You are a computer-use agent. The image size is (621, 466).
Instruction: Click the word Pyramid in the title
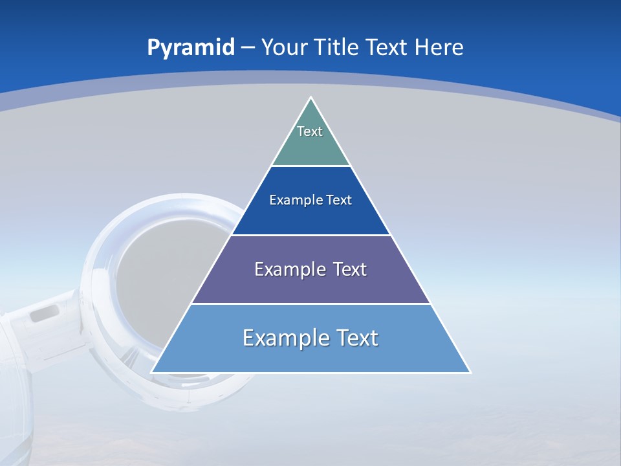coord(190,48)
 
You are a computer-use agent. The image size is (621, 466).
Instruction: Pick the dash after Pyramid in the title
coord(247,48)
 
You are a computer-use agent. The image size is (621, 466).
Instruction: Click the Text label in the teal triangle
coord(310,131)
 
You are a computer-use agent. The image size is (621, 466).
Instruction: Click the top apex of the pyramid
coord(311,98)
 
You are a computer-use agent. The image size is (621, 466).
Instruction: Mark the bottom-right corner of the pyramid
coord(470,372)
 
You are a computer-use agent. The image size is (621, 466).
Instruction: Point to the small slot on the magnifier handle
coord(45,314)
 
